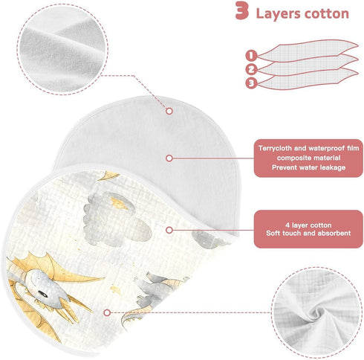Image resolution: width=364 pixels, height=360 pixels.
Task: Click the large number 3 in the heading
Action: click(242, 10)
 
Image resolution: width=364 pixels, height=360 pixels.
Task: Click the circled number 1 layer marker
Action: click(251, 55)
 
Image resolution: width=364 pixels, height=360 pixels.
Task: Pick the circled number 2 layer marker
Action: click(251, 69)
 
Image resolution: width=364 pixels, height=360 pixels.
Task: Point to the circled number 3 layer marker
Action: click(251, 83)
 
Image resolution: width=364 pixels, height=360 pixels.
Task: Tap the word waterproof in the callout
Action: click(326, 148)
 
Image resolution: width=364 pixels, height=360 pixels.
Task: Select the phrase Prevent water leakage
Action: click(308, 167)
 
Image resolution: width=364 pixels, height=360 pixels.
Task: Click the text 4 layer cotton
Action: click(308, 225)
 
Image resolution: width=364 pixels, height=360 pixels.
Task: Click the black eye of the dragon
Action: click(44, 295)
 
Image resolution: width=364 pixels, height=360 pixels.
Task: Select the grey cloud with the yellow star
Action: click(117, 218)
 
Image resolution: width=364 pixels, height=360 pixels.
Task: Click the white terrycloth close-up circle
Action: click(62, 49)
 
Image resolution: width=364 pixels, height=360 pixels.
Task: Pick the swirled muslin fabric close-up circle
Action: click(316, 313)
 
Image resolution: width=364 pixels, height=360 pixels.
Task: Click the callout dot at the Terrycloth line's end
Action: click(169, 158)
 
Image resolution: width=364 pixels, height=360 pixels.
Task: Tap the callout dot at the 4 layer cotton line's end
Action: click(169, 230)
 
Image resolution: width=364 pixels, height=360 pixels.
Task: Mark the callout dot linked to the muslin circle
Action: click(107, 312)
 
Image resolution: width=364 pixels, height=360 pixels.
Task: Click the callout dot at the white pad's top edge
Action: click(169, 111)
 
